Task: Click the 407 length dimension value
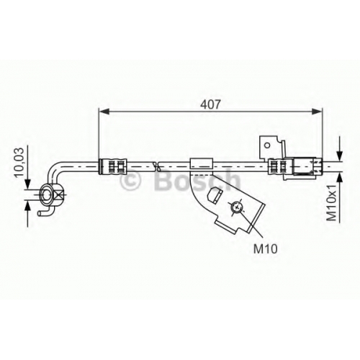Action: [x=210, y=104]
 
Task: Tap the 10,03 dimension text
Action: [x=20, y=163]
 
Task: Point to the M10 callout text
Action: [x=266, y=248]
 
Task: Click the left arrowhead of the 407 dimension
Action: [x=104, y=111]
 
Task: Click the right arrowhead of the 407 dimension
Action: [x=317, y=111]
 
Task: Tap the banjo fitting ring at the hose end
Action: [x=48, y=194]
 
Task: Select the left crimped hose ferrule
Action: [x=112, y=166]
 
